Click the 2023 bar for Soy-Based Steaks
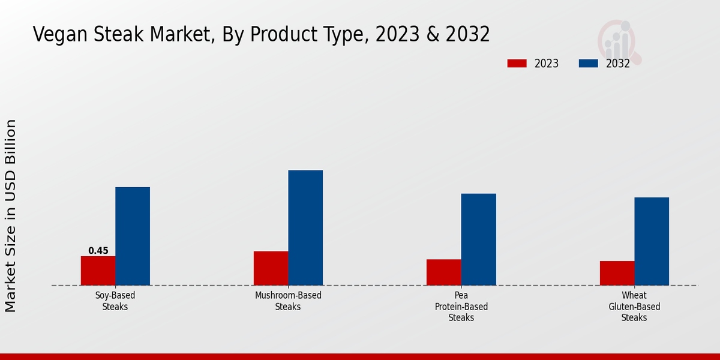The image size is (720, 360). pos(98,271)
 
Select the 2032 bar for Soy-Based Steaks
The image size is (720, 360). pos(133,236)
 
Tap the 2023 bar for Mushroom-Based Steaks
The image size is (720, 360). pos(271,268)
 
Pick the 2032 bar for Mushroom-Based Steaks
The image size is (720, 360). pos(305,227)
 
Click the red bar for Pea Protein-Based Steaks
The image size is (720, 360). pos(444,272)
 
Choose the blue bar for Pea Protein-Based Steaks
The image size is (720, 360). pos(479,239)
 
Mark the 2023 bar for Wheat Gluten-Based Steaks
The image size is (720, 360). pos(617,273)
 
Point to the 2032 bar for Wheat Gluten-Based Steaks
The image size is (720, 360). pos(652,241)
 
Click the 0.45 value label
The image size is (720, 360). pos(98,251)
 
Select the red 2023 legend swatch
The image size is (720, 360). pos(517,64)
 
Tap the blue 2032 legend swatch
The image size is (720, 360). pos(588,64)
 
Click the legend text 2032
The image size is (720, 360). pos(618,64)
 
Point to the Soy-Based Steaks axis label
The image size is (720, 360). pos(115,301)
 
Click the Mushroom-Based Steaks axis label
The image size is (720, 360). pos(288,301)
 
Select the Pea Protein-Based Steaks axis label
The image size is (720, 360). pos(461,306)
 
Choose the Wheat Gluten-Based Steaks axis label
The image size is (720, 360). pos(634,306)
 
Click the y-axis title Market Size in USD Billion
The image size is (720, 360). pos(11,216)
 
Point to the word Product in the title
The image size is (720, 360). pos(280,35)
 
